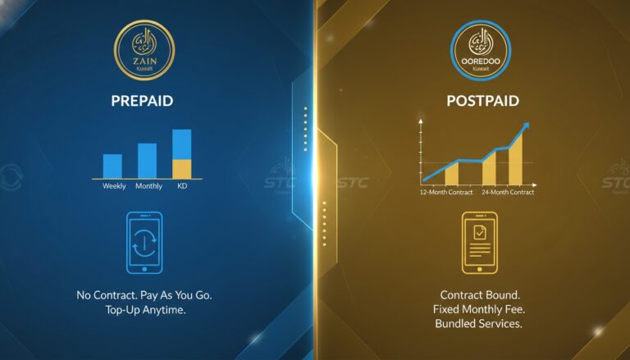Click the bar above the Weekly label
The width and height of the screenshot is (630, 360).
coord(112,166)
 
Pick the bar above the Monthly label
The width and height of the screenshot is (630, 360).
coord(147,161)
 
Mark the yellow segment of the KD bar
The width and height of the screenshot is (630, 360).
coord(181,169)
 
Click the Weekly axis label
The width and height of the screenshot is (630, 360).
coord(114,186)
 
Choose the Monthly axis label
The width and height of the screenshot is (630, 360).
coord(148,186)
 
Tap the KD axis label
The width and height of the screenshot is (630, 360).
coord(181,186)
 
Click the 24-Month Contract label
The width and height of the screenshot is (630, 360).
coord(509,192)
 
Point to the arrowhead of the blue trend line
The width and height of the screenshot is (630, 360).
coord(526,127)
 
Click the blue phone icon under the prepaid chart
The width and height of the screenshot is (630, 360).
coord(144,243)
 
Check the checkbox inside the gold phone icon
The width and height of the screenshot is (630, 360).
coord(480,234)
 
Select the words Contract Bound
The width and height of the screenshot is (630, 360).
coord(479,294)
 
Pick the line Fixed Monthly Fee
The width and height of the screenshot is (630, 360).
coord(479,309)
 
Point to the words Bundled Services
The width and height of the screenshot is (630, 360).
coord(479,324)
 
